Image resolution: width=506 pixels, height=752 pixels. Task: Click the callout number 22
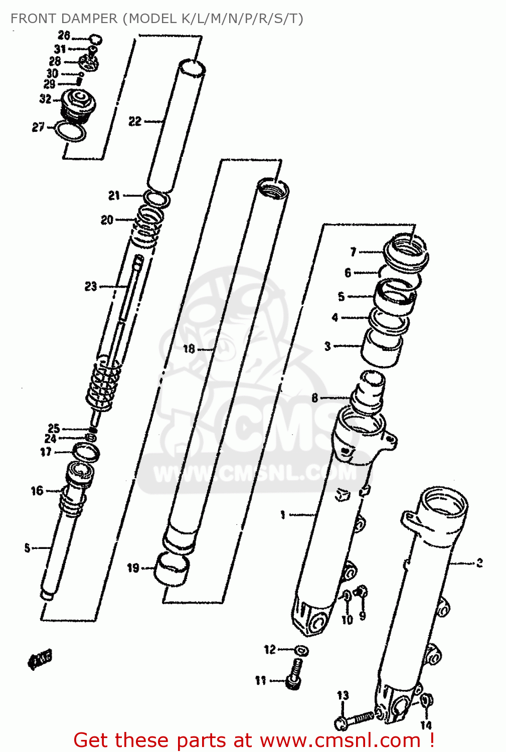point(134,121)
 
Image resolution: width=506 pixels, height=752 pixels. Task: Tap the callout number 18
point(189,348)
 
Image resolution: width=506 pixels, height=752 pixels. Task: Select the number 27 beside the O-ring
point(38,127)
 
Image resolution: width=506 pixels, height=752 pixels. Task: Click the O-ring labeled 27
point(70,131)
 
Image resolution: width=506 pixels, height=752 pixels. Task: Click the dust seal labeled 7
point(406,251)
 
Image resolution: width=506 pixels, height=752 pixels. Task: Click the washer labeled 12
point(301,651)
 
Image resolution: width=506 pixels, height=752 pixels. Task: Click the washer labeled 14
point(427,700)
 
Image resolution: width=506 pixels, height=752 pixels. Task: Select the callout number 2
point(479,563)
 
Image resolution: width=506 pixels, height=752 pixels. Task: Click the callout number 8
point(314,398)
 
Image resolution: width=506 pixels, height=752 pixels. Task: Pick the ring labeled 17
point(86,452)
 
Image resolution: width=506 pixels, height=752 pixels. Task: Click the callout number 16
point(37,491)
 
